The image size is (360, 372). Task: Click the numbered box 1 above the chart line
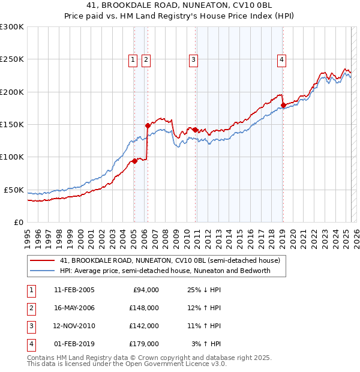tap(132, 59)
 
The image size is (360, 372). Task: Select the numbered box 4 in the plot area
tap(281, 59)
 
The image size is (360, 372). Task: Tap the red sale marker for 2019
tap(283, 105)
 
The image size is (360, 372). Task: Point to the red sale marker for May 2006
tap(148, 125)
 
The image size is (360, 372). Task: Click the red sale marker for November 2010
tap(195, 129)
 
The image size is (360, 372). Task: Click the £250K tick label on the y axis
tap(12, 59)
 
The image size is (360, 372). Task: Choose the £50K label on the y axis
tap(14, 190)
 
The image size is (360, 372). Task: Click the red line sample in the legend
tap(42, 261)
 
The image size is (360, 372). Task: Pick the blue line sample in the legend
tap(42, 271)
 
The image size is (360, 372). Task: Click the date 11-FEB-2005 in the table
tap(74, 290)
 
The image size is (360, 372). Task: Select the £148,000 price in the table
tap(144, 308)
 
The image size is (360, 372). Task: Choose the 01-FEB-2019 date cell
tap(74, 344)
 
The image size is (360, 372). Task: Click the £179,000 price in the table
tap(144, 344)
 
